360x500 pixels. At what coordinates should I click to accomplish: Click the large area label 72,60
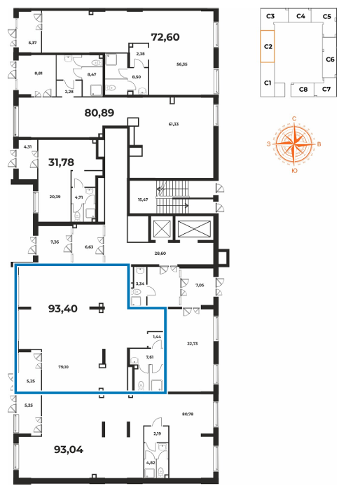coord(165,37)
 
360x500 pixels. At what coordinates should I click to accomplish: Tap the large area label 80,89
coord(99,113)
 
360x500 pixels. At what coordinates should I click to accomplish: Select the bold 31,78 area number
coord(61,162)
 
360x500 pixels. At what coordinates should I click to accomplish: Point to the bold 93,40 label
coord(63,308)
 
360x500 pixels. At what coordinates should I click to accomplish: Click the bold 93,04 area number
coord(69,450)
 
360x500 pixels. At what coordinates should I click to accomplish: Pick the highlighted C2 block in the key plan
coord(268,46)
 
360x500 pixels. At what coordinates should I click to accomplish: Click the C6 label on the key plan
coord(331,60)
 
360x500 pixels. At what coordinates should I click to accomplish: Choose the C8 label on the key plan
coord(303,90)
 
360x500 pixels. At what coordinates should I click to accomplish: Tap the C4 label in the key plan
coord(300,16)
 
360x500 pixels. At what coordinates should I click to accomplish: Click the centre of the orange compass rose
coord(293,144)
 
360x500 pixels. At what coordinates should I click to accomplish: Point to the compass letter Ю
coord(294,171)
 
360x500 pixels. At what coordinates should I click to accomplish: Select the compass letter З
coord(269,144)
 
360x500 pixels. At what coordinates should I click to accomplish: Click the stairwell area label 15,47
coord(143,200)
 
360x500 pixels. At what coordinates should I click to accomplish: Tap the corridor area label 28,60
coord(160,254)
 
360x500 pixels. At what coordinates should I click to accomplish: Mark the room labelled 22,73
coord(193,344)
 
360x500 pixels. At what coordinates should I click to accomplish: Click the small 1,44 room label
coord(157,337)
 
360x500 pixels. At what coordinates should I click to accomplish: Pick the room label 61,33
coord(174,124)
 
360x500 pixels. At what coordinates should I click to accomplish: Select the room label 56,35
coord(182,64)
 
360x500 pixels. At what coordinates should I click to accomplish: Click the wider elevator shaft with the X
coord(194,228)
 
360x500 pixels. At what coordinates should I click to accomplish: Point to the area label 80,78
coord(188,415)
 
